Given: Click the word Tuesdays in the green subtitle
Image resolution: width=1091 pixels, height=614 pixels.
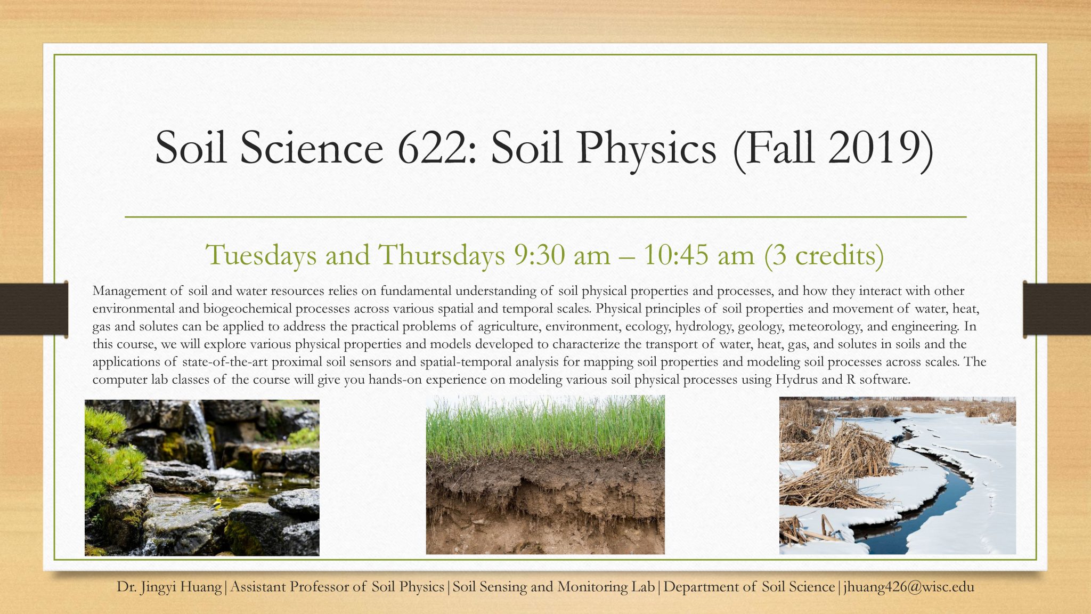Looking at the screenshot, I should tap(261, 255).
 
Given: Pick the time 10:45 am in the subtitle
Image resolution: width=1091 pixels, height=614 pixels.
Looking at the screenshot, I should tap(698, 255).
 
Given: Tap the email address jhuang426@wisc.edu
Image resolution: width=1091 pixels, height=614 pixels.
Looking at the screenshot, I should tap(909, 587).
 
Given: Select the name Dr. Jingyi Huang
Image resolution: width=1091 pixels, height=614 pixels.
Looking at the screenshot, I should tap(169, 587).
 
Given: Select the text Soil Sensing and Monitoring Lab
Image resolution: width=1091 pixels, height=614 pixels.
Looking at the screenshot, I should tap(553, 587).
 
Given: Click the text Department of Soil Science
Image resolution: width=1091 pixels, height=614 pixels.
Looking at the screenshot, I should tap(749, 587).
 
